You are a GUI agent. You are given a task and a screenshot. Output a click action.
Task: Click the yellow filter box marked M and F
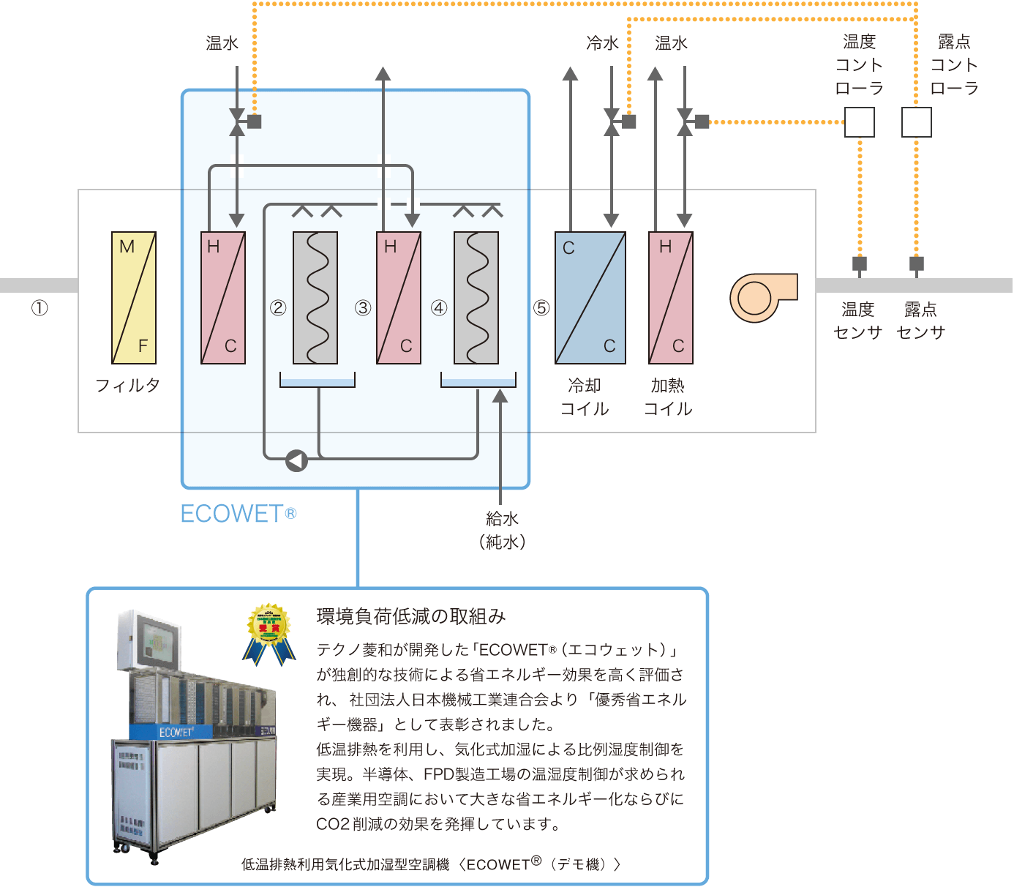134,298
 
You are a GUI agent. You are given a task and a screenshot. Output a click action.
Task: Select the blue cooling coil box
590,298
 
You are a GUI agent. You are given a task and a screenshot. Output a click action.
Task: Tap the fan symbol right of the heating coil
761,297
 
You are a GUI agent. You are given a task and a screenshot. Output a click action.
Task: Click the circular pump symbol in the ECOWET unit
296,460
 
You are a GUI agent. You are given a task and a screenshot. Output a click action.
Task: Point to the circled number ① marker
40,308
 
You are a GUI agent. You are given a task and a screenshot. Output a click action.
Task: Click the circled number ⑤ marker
541,308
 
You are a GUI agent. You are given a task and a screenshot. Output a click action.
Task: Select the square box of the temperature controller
859,122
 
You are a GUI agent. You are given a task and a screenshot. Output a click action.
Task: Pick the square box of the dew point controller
916,122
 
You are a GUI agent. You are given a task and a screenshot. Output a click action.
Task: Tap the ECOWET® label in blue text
238,514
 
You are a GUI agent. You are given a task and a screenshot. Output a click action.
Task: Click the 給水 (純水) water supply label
502,531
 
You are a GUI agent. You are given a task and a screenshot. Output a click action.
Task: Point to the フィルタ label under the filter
128,385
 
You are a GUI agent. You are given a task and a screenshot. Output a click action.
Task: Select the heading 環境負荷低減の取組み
410,617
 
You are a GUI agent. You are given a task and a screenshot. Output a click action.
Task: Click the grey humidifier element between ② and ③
315,298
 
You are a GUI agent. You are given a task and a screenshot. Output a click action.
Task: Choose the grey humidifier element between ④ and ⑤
476,298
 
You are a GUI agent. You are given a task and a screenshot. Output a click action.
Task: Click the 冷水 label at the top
602,44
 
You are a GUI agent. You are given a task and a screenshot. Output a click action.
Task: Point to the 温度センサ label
857,321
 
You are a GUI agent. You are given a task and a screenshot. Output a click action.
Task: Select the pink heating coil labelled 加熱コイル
671,298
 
